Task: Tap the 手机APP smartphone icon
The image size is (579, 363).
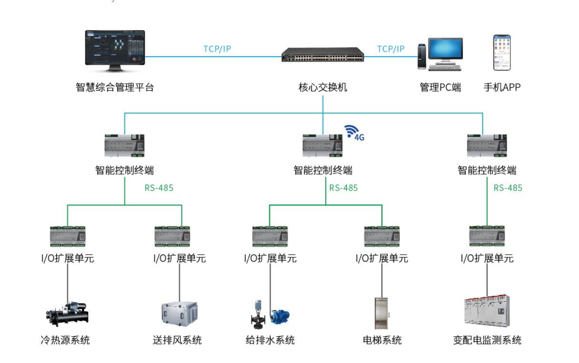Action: (x=501, y=52)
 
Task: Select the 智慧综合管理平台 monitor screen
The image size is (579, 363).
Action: (x=115, y=48)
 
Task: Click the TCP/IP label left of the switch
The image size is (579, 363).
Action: (x=217, y=49)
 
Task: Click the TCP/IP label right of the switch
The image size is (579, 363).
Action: (x=391, y=49)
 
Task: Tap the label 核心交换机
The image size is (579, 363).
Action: (x=323, y=88)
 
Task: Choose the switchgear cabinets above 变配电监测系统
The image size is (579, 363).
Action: (x=486, y=311)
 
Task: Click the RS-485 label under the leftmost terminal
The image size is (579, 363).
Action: (x=159, y=188)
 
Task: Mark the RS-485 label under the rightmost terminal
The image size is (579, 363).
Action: (x=508, y=188)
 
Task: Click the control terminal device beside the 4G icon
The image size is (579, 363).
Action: (x=322, y=145)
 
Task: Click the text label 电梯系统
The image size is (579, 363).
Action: (x=382, y=340)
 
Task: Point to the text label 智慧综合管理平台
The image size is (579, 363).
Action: (x=115, y=88)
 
